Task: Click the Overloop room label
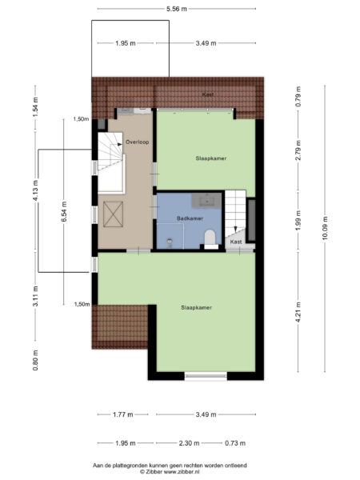coord(137,142)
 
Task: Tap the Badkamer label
coord(190,218)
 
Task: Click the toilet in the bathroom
coord(210,238)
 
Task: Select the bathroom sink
coord(206,201)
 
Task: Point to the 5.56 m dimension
coord(177,9)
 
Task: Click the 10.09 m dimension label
coord(325,228)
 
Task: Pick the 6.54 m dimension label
coord(64,212)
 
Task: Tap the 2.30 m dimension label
coord(189,443)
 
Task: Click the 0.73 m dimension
coord(235,443)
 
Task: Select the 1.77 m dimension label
coord(122,414)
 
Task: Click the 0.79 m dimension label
coord(298,97)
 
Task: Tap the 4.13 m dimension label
coord(36,190)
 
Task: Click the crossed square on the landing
coord(114,214)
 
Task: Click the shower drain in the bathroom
coord(170,242)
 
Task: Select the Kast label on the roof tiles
coord(207,94)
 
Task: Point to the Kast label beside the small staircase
coord(236,242)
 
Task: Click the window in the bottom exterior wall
coord(206,376)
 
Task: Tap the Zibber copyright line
coord(170,472)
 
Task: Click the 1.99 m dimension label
coord(298,220)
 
